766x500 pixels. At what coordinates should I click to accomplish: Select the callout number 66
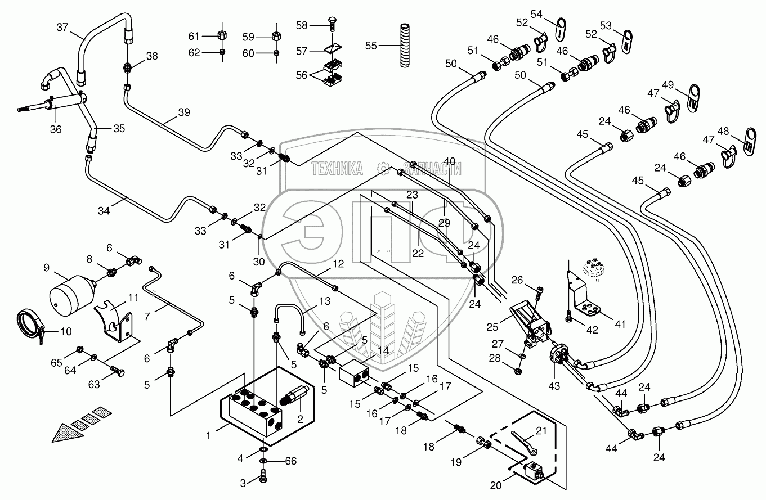(x=290, y=461)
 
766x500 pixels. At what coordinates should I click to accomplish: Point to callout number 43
(x=555, y=385)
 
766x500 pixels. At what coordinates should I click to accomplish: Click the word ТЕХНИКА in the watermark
(x=337, y=168)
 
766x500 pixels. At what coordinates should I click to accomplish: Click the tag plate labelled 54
(x=561, y=29)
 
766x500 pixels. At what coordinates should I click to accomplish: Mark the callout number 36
(x=55, y=129)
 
